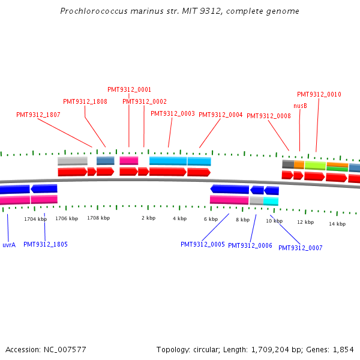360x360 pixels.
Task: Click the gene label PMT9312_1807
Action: [x=38, y=115]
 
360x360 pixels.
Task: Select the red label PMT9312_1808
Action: [x=85, y=101]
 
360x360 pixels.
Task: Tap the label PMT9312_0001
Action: [x=130, y=89]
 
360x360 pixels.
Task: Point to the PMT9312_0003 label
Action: [x=173, y=113]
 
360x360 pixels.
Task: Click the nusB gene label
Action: [x=300, y=106]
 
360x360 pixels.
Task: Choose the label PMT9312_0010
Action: [x=319, y=94]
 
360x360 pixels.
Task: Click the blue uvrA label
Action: [x=9, y=245]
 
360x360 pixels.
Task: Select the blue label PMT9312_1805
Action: [x=46, y=244]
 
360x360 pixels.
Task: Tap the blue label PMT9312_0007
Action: [x=301, y=248]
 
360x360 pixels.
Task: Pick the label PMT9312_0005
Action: [x=203, y=244]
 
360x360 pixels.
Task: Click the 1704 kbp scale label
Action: [x=35, y=219]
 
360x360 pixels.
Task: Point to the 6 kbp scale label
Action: [x=211, y=219]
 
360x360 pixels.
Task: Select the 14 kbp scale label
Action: [x=337, y=224]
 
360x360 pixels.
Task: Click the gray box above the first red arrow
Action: [x=73, y=161]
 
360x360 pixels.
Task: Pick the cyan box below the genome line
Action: [x=271, y=201]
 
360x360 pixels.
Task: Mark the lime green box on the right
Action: [x=315, y=164]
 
